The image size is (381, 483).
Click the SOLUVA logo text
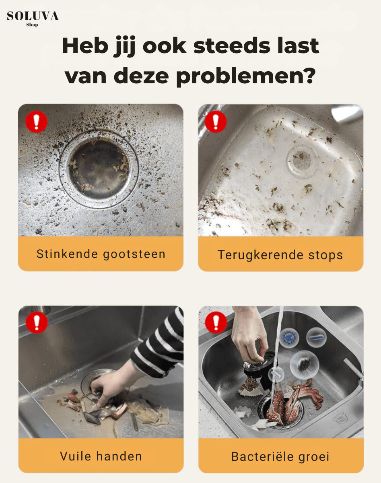(x=33, y=16)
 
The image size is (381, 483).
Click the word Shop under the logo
(x=32, y=25)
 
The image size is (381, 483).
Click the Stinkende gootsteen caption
(x=101, y=254)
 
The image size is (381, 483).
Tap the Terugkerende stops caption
(x=280, y=255)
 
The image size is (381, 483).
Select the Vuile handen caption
(x=101, y=456)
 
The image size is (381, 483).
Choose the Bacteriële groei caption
(x=280, y=457)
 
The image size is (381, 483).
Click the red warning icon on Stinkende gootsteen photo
(x=37, y=122)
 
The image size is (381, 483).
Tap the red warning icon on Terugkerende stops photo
(x=216, y=122)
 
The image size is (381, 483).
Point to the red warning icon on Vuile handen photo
(x=37, y=323)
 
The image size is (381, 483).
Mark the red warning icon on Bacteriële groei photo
(x=216, y=323)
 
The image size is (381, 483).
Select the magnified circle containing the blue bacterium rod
(x=316, y=337)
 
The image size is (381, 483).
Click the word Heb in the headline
(x=83, y=46)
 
